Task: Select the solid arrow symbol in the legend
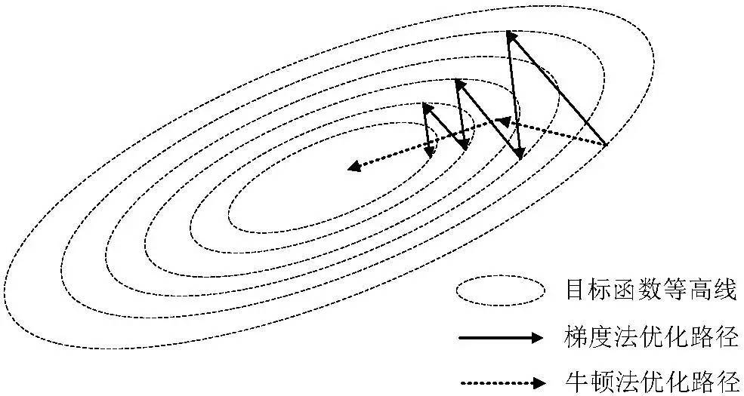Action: tap(500, 337)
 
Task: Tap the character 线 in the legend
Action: tap(724, 290)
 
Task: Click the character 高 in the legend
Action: tap(699, 290)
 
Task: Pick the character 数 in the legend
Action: tap(650, 290)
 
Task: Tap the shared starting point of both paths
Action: tap(607, 143)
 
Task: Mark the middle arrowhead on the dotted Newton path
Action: tap(498, 121)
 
